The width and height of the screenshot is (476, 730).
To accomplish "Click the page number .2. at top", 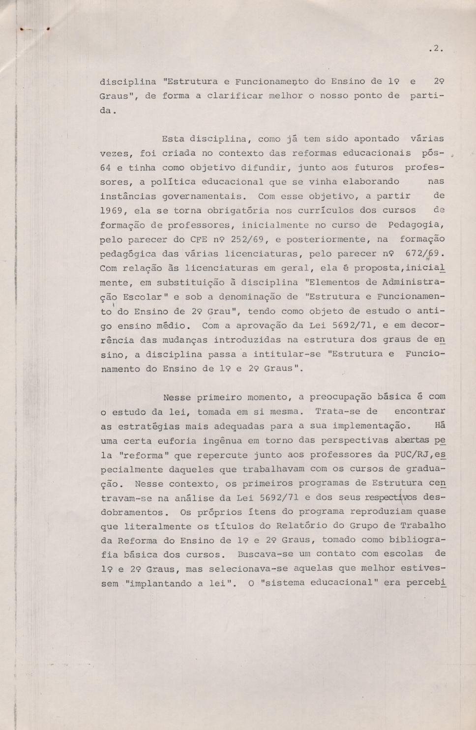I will (x=436, y=49).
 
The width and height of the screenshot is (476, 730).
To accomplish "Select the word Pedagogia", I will (x=416, y=225).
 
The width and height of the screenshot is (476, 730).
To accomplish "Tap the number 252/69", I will (x=246, y=239).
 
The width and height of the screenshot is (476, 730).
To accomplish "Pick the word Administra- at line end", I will (x=413, y=282).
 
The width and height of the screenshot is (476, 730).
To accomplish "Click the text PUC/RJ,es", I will (x=421, y=455).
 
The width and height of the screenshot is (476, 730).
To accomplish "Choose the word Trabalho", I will (x=422, y=526).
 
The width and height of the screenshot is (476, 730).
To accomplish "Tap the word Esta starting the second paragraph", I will (x=173, y=139).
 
